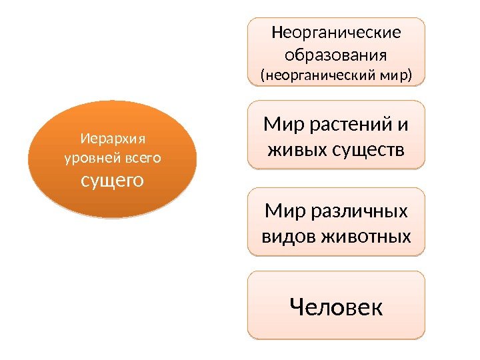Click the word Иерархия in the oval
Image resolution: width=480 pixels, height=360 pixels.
(113, 139)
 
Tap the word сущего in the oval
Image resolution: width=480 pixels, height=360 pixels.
(113, 180)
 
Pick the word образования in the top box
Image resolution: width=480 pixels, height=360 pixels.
(336, 53)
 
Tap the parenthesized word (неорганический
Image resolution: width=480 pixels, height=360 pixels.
(314, 75)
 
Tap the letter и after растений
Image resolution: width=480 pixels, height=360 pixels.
(404, 124)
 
